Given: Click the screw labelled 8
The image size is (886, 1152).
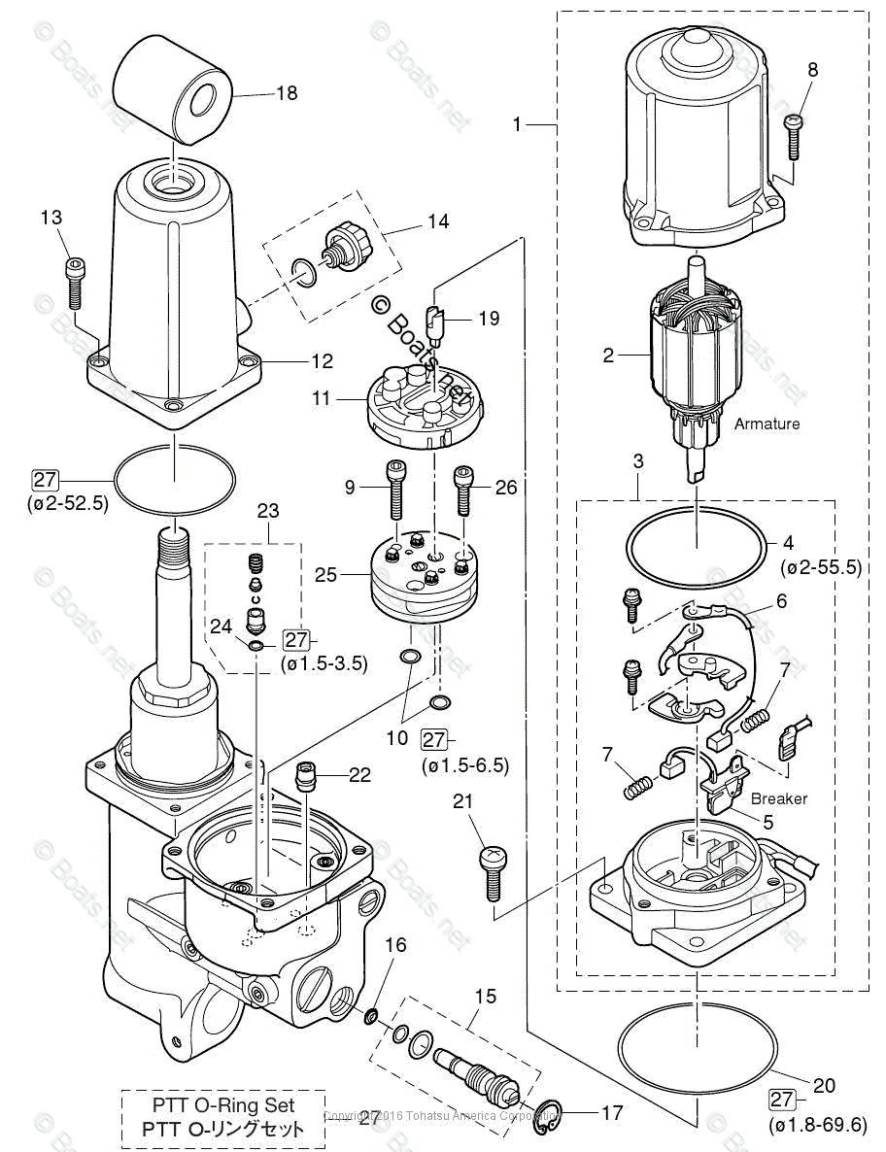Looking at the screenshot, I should (x=793, y=135).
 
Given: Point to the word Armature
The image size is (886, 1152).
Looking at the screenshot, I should (x=767, y=424).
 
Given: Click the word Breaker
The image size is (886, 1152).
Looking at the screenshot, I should (x=779, y=798).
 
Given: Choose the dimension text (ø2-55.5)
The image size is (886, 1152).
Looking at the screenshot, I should (x=821, y=567).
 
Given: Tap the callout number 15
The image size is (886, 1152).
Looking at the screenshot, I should (x=485, y=997).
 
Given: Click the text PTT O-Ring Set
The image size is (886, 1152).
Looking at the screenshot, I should (x=223, y=1104).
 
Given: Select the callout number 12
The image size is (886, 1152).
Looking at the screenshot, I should (x=322, y=361).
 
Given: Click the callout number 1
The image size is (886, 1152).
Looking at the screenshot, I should (x=518, y=124).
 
